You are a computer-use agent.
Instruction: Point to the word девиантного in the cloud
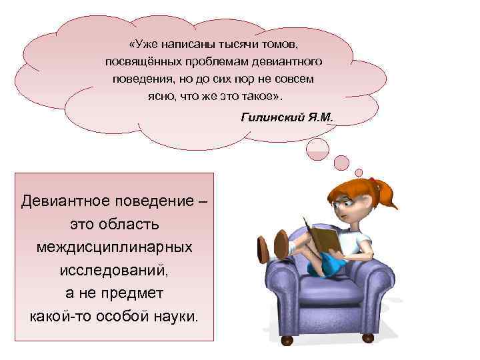[x=291, y=62]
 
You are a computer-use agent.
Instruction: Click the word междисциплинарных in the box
[x=115, y=247]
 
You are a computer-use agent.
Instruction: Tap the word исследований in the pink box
[x=114, y=270]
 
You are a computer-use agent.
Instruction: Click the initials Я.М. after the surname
[x=319, y=117]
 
